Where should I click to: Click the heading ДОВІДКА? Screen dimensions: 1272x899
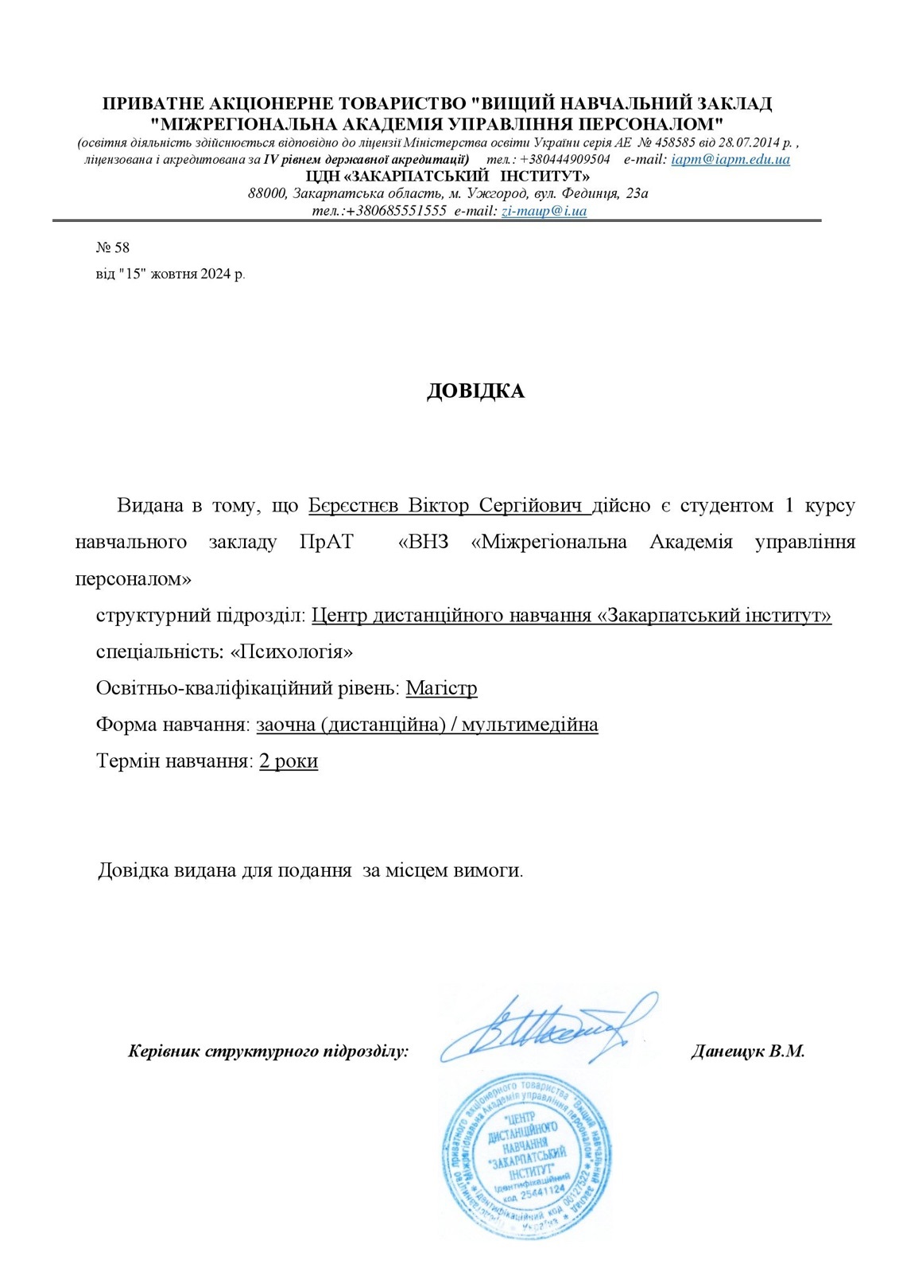click(x=475, y=391)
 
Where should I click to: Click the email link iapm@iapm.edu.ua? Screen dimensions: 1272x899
click(x=730, y=159)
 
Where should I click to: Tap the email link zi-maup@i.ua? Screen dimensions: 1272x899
click(x=544, y=211)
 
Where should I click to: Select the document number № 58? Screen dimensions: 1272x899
click(x=112, y=247)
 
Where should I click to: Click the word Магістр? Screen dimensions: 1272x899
click(x=441, y=688)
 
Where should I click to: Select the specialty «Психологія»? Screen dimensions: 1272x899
click(x=291, y=652)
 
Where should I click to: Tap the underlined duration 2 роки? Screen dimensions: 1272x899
click(x=289, y=761)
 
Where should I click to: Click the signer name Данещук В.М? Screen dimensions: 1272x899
click(x=747, y=1052)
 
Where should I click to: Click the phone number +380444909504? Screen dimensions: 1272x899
click(x=565, y=159)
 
